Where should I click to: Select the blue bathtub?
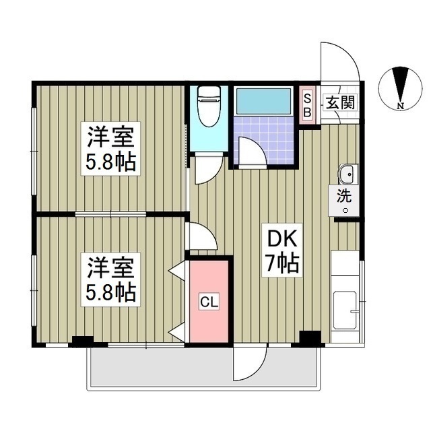[x=263, y=100]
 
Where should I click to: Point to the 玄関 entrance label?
[x=341, y=103]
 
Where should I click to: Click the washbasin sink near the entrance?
[x=347, y=176]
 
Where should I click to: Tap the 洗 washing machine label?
[x=345, y=199]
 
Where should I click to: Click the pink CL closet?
[x=209, y=301]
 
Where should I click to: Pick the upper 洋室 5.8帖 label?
[x=110, y=149]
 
